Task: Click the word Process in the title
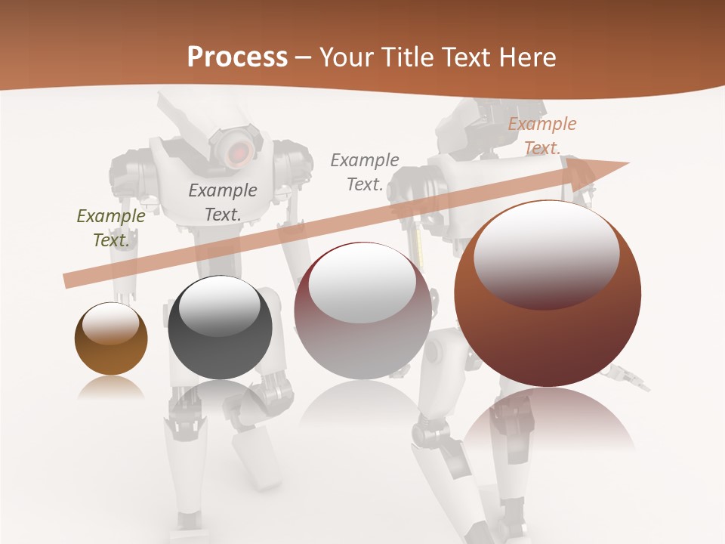[x=237, y=57]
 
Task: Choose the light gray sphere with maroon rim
[x=362, y=311]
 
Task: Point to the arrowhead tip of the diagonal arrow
[x=628, y=163]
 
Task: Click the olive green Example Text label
[x=111, y=227]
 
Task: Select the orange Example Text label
[x=541, y=136]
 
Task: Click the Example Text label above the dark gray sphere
[x=223, y=202]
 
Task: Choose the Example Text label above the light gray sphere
[x=365, y=172]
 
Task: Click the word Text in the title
[x=465, y=57]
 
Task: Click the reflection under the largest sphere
[x=548, y=423]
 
